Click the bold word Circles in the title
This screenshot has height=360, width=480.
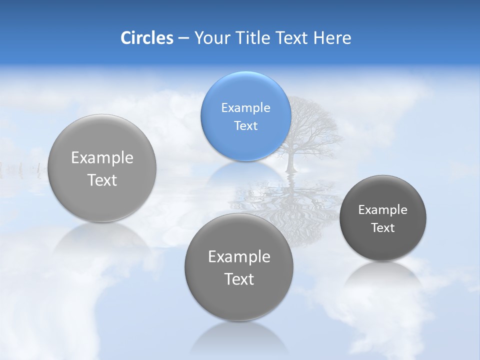pos(147,38)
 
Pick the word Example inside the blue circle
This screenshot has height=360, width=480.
pos(245,108)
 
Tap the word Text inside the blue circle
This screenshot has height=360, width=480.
pos(245,126)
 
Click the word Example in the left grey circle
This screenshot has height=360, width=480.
pos(102,158)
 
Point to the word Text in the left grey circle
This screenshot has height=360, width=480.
pos(102,180)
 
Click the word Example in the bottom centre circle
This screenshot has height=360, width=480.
pos(239,257)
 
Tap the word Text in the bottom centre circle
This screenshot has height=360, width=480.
pos(239,279)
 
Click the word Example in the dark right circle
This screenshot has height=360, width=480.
pos(383,210)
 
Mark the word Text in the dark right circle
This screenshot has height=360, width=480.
pos(383,228)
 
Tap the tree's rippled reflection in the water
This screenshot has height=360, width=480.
pos(290,205)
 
